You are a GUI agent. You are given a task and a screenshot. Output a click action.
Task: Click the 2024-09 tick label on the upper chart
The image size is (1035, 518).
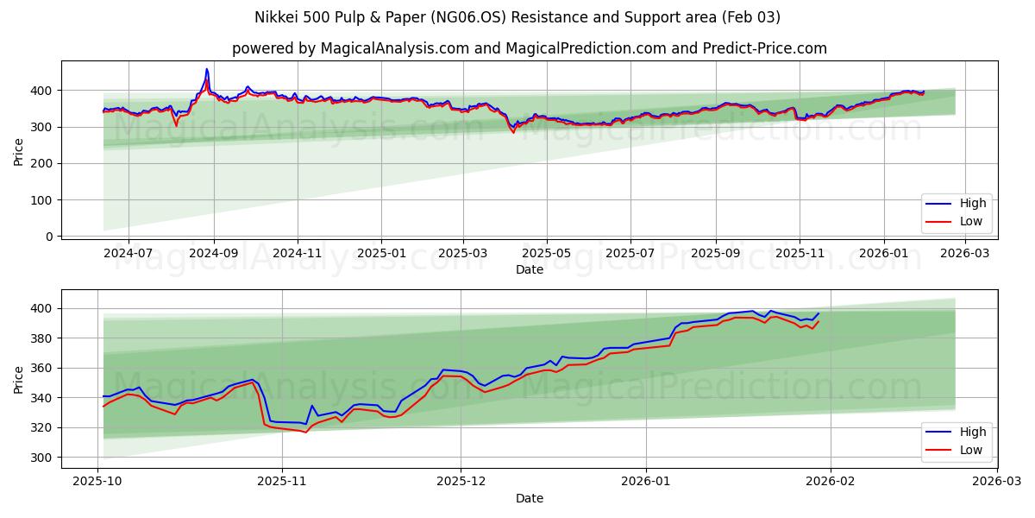pyautogui.click(x=213, y=254)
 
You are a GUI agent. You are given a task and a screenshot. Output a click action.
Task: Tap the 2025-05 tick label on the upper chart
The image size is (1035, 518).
pyautogui.click(x=547, y=254)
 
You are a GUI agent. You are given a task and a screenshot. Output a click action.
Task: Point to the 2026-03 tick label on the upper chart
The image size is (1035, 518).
pyautogui.click(x=965, y=254)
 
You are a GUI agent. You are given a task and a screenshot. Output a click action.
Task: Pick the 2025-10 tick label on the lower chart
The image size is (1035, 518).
pyautogui.click(x=97, y=483)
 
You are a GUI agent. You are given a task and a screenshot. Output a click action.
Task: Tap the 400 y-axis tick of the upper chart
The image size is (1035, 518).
pyautogui.click(x=43, y=91)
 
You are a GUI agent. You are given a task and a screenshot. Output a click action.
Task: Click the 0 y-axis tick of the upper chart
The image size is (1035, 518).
pyautogui.click(x=49, y=237)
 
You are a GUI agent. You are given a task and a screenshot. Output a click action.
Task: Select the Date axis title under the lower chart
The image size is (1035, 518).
pyautogui.click(x=530, y=498)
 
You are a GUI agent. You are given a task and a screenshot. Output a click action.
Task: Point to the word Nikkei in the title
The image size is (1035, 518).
pyautogui.click(x=275, y=17)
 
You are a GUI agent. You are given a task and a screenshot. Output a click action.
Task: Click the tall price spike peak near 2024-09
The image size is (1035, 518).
pyautogui.click(x=206, y=69)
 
